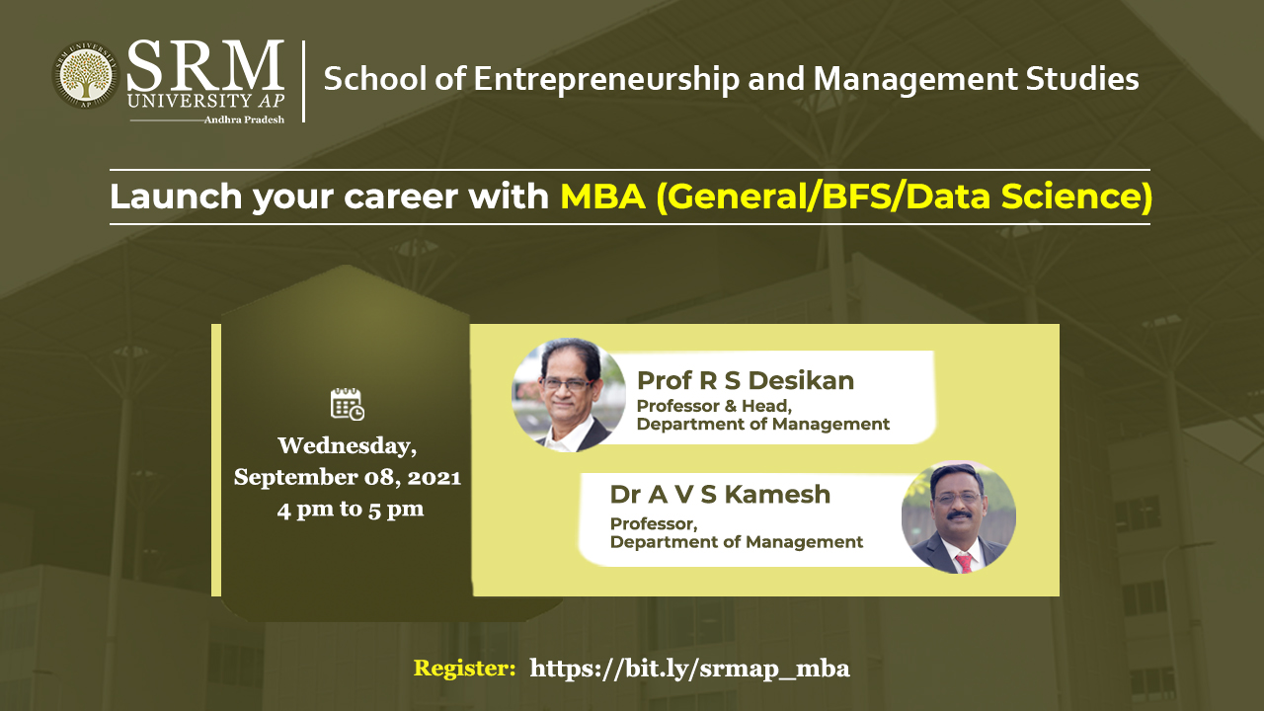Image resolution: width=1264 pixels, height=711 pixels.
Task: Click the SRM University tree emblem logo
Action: [85, 75]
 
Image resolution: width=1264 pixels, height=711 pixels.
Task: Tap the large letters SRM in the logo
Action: [205, 65]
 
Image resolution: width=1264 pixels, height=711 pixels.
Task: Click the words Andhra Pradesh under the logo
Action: [244, 119]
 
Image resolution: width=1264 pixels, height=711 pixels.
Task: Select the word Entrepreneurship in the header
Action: [606, 80]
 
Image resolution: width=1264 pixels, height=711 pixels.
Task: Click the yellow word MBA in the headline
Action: [602, 197]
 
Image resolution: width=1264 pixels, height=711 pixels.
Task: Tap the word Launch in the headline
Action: [176, 197]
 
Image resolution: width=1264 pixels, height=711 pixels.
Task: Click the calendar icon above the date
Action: [347, 404]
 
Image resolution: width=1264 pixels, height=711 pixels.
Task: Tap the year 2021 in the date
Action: [434, 478]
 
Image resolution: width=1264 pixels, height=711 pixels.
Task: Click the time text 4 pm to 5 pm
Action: [350, 510]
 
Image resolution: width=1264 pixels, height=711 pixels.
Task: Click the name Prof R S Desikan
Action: [746, 381]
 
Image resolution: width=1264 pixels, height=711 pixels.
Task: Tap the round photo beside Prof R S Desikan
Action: [568, 394]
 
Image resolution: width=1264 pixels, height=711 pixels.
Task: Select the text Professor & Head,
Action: [714, 406]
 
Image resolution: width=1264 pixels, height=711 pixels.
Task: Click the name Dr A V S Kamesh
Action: [720, 495]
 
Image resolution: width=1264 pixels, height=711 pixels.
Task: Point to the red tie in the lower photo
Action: [964, 563]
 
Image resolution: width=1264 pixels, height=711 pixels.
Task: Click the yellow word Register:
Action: [464, 669]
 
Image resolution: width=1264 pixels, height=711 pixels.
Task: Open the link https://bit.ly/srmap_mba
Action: [689, 670]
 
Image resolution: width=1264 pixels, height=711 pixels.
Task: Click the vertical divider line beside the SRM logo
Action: [303, 81]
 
